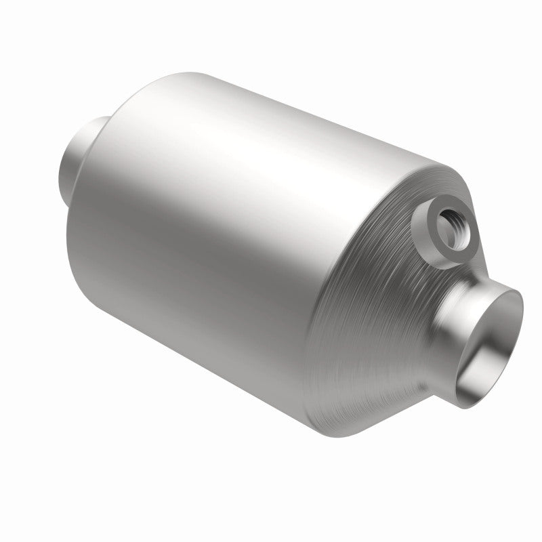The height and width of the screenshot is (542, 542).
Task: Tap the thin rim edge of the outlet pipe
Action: coord(518,298)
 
